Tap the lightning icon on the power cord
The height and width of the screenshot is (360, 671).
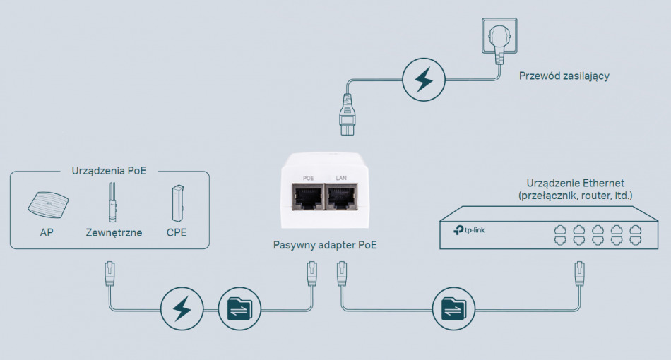click(424, 80)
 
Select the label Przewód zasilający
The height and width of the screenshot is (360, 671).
click(564, 76)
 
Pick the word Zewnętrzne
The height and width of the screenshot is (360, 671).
click(114, 232)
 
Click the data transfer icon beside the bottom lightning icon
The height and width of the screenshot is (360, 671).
click(239, 308)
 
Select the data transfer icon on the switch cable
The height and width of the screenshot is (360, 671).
click(453, 308)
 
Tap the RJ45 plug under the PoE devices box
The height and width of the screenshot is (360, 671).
click(109, 273)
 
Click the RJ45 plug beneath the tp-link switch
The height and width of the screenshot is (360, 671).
click(580, 273)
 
